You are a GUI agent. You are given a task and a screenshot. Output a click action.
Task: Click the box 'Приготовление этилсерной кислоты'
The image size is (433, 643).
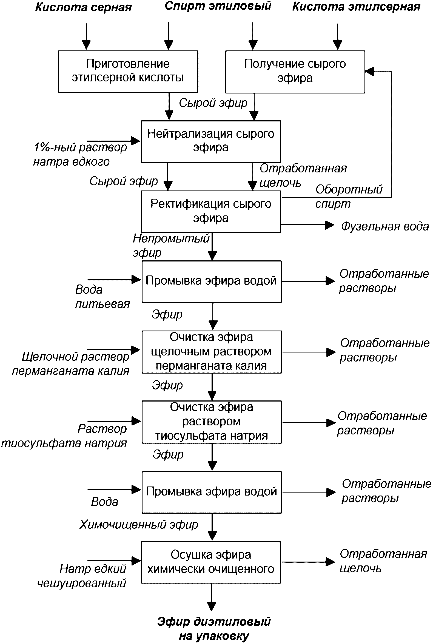coord(128,71)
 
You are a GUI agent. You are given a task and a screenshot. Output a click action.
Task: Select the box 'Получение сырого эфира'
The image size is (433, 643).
coord(295,72)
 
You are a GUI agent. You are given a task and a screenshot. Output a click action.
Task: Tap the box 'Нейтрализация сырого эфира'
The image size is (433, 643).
coord(211,141)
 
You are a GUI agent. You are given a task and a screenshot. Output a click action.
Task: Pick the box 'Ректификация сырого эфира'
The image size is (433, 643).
coord(211,211)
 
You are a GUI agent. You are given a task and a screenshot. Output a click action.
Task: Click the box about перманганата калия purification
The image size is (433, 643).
coord(212,352)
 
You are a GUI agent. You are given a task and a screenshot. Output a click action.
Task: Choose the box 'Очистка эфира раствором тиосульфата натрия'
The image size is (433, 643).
coord(212,422)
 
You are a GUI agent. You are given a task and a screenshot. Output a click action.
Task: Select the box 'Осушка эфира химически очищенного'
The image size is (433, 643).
coord(211,562)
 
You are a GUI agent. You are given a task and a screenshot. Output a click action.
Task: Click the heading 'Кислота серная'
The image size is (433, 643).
coord(83,7)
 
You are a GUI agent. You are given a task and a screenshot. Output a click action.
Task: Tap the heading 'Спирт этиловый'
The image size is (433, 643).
coord(218,6)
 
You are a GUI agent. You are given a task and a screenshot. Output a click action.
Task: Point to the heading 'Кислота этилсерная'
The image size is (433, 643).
coord(356,7)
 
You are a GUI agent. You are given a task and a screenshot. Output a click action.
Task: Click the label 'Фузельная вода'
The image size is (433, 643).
coord(385,226)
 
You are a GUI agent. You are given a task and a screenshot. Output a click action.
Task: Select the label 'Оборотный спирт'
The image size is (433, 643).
coord(349,196)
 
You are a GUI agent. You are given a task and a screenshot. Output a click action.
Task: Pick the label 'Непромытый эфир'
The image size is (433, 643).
coord(171,245)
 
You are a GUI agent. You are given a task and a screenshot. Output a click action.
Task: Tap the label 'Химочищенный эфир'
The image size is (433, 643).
coord(139,524)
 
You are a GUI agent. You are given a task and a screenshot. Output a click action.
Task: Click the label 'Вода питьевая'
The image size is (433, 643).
coord(102,297)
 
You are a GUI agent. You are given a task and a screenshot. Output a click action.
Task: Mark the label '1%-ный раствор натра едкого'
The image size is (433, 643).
coord(80,154)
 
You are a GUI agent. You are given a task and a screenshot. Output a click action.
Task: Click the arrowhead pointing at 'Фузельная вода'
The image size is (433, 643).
coord(330,225)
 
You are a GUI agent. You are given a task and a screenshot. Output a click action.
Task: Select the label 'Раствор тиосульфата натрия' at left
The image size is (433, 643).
coord(64,436)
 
